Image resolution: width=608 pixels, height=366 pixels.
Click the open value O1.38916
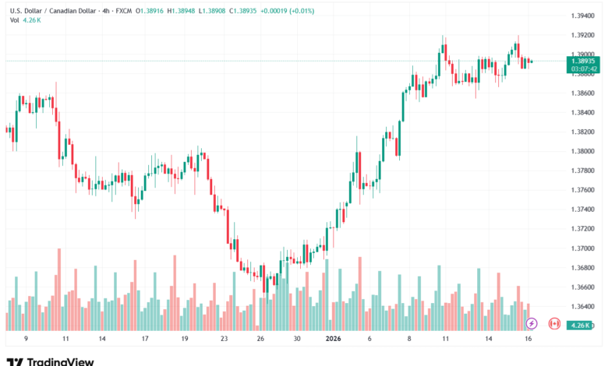pos(150,12)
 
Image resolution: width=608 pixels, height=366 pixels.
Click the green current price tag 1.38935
pos(582,61)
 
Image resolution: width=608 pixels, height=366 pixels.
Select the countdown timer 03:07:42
pos(582,69)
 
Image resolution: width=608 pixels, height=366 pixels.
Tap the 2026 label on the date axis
pos(334,340)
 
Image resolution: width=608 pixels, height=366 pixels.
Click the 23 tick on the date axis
pos(224,340)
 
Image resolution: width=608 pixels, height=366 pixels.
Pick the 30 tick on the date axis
pos(296,340)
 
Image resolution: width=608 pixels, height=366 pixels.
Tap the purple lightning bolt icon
pos(532,322)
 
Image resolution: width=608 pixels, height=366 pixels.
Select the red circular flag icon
pos(554,322)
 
